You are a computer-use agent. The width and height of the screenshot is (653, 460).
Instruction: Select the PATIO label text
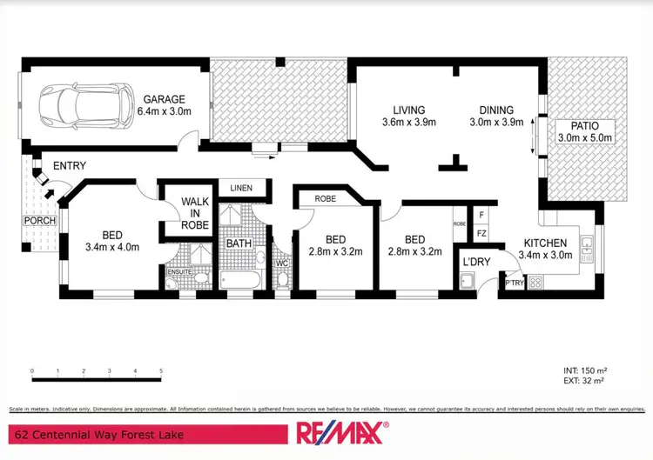585,126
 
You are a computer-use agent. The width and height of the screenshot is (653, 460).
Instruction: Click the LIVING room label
408,110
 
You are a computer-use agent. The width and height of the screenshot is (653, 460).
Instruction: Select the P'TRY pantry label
514,283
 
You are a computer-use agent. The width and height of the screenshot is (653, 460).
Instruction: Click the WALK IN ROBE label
195,213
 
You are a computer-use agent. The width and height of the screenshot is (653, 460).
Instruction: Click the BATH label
239,243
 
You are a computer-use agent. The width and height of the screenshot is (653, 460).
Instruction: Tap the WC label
282,263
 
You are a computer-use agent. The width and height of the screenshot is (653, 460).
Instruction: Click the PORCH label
39,221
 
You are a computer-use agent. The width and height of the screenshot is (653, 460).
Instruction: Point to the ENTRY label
70,165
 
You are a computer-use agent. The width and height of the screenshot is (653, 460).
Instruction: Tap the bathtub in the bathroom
240,280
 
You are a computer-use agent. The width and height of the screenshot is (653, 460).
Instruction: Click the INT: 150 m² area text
578,370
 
